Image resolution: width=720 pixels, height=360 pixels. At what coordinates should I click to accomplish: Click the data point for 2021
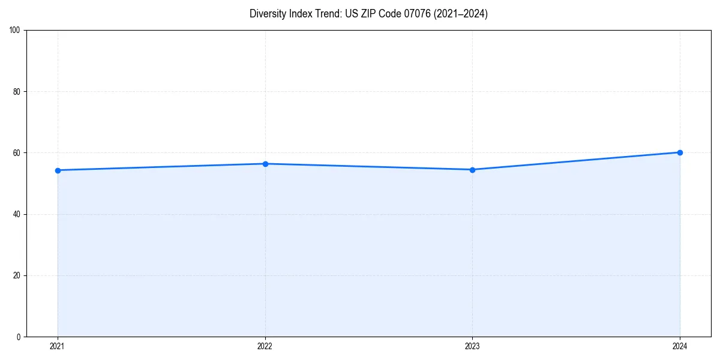coord(58,170)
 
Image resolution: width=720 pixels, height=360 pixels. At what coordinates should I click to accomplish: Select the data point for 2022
coord(265,164)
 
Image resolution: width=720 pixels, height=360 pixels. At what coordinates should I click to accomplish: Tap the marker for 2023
coord(472,170)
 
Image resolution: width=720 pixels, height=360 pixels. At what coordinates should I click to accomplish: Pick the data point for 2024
coord(680,152)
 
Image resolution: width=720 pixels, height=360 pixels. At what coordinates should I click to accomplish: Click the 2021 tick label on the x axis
coord(58,346)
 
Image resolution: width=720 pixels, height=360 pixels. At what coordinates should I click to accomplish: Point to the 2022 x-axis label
coord(265,346)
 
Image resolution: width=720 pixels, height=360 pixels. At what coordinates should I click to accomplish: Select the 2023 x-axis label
coord(472,346)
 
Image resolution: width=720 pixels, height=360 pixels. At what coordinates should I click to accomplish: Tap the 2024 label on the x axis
coord(680,346)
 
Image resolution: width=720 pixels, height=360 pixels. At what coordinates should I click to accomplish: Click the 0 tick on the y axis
coord(19,337)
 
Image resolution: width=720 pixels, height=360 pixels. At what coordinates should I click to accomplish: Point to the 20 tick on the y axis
coord(17,275)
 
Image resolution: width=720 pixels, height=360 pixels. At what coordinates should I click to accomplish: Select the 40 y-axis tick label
coord(17,214)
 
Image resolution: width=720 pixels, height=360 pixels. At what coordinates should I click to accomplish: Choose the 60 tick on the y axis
coord(17,153)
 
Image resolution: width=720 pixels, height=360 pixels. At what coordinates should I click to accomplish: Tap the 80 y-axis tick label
coord(17,92)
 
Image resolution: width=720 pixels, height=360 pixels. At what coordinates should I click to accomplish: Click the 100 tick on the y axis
coord(15,30)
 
